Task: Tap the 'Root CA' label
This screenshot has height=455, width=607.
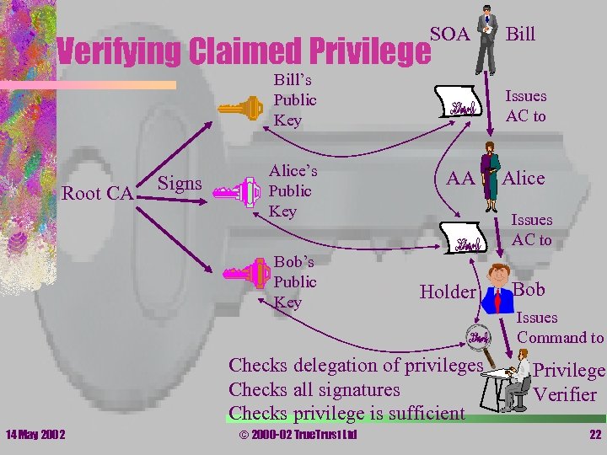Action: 97,194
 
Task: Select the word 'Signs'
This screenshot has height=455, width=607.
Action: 180,183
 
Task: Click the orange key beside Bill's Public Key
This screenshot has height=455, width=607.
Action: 241,109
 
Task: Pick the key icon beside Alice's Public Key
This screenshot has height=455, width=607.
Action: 237,192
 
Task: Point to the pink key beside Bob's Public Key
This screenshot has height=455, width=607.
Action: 245,273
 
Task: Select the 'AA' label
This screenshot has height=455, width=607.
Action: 459,178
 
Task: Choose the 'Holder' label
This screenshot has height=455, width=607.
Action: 447,292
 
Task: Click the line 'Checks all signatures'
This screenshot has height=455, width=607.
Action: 314,390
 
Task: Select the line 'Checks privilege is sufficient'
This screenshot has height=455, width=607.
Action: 346,413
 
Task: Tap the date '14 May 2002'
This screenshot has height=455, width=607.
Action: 37,434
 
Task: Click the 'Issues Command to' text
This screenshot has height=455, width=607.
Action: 559,328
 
